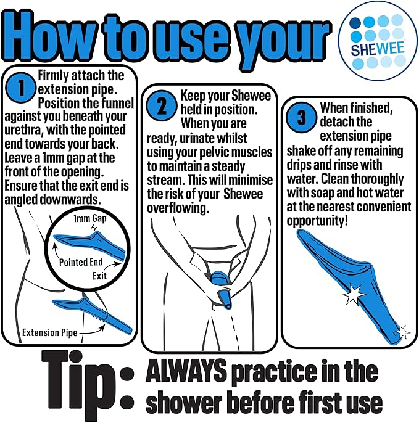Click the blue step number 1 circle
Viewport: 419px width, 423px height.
21,88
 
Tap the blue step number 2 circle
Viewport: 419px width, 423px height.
162,105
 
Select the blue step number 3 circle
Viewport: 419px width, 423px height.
301,118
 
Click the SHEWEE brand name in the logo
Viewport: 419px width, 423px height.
378,49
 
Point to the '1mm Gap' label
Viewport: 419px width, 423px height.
90,218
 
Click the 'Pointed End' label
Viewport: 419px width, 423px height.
81,262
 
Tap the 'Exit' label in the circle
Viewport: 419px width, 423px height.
99,276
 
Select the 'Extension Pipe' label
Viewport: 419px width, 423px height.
49,332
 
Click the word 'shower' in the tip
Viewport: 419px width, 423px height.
184,402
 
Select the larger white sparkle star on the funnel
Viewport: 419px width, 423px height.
353,294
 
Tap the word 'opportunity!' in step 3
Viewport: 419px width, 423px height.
317,221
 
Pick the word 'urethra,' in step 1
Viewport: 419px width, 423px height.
23,130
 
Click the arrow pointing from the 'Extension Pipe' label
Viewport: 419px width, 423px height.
92,331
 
